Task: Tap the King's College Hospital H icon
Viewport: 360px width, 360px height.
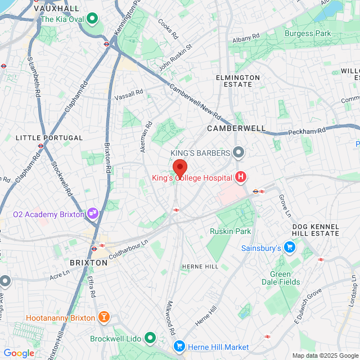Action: click(x=241, y=178)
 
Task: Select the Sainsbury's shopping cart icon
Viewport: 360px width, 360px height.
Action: click(x=289, y=247)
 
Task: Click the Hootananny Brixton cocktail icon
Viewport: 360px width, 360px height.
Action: click(x=103, y=318)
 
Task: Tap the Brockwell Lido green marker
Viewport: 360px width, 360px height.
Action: click(x=150, y=339)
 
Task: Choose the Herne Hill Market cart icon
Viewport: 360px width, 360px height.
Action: click(x=179, y=347)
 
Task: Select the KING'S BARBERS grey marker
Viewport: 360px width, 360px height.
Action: click(x=238, y=153)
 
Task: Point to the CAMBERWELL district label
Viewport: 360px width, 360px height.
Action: click(x=236, y=128)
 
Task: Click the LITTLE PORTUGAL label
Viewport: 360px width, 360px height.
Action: click(x=49, y=137)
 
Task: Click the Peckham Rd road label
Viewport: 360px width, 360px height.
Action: click(x=307, y=132)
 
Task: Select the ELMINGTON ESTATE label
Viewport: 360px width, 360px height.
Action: click(x=238, y=81)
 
